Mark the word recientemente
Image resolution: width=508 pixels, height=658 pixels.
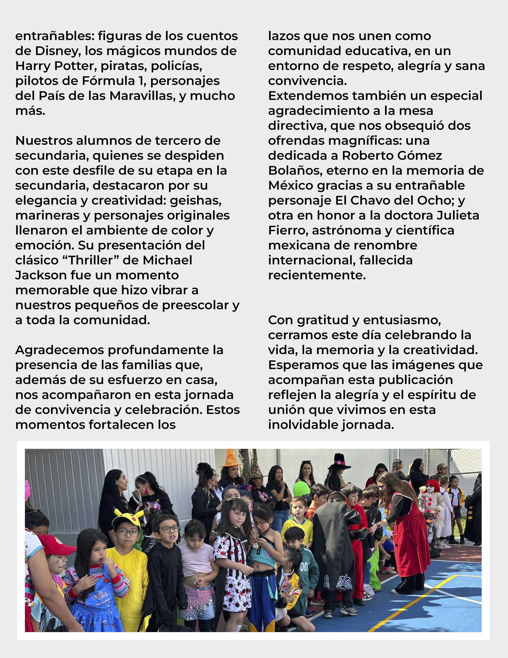point(317,275)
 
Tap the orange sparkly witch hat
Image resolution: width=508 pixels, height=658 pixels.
point(231,458)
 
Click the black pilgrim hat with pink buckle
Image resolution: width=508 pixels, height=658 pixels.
point(339,462)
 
